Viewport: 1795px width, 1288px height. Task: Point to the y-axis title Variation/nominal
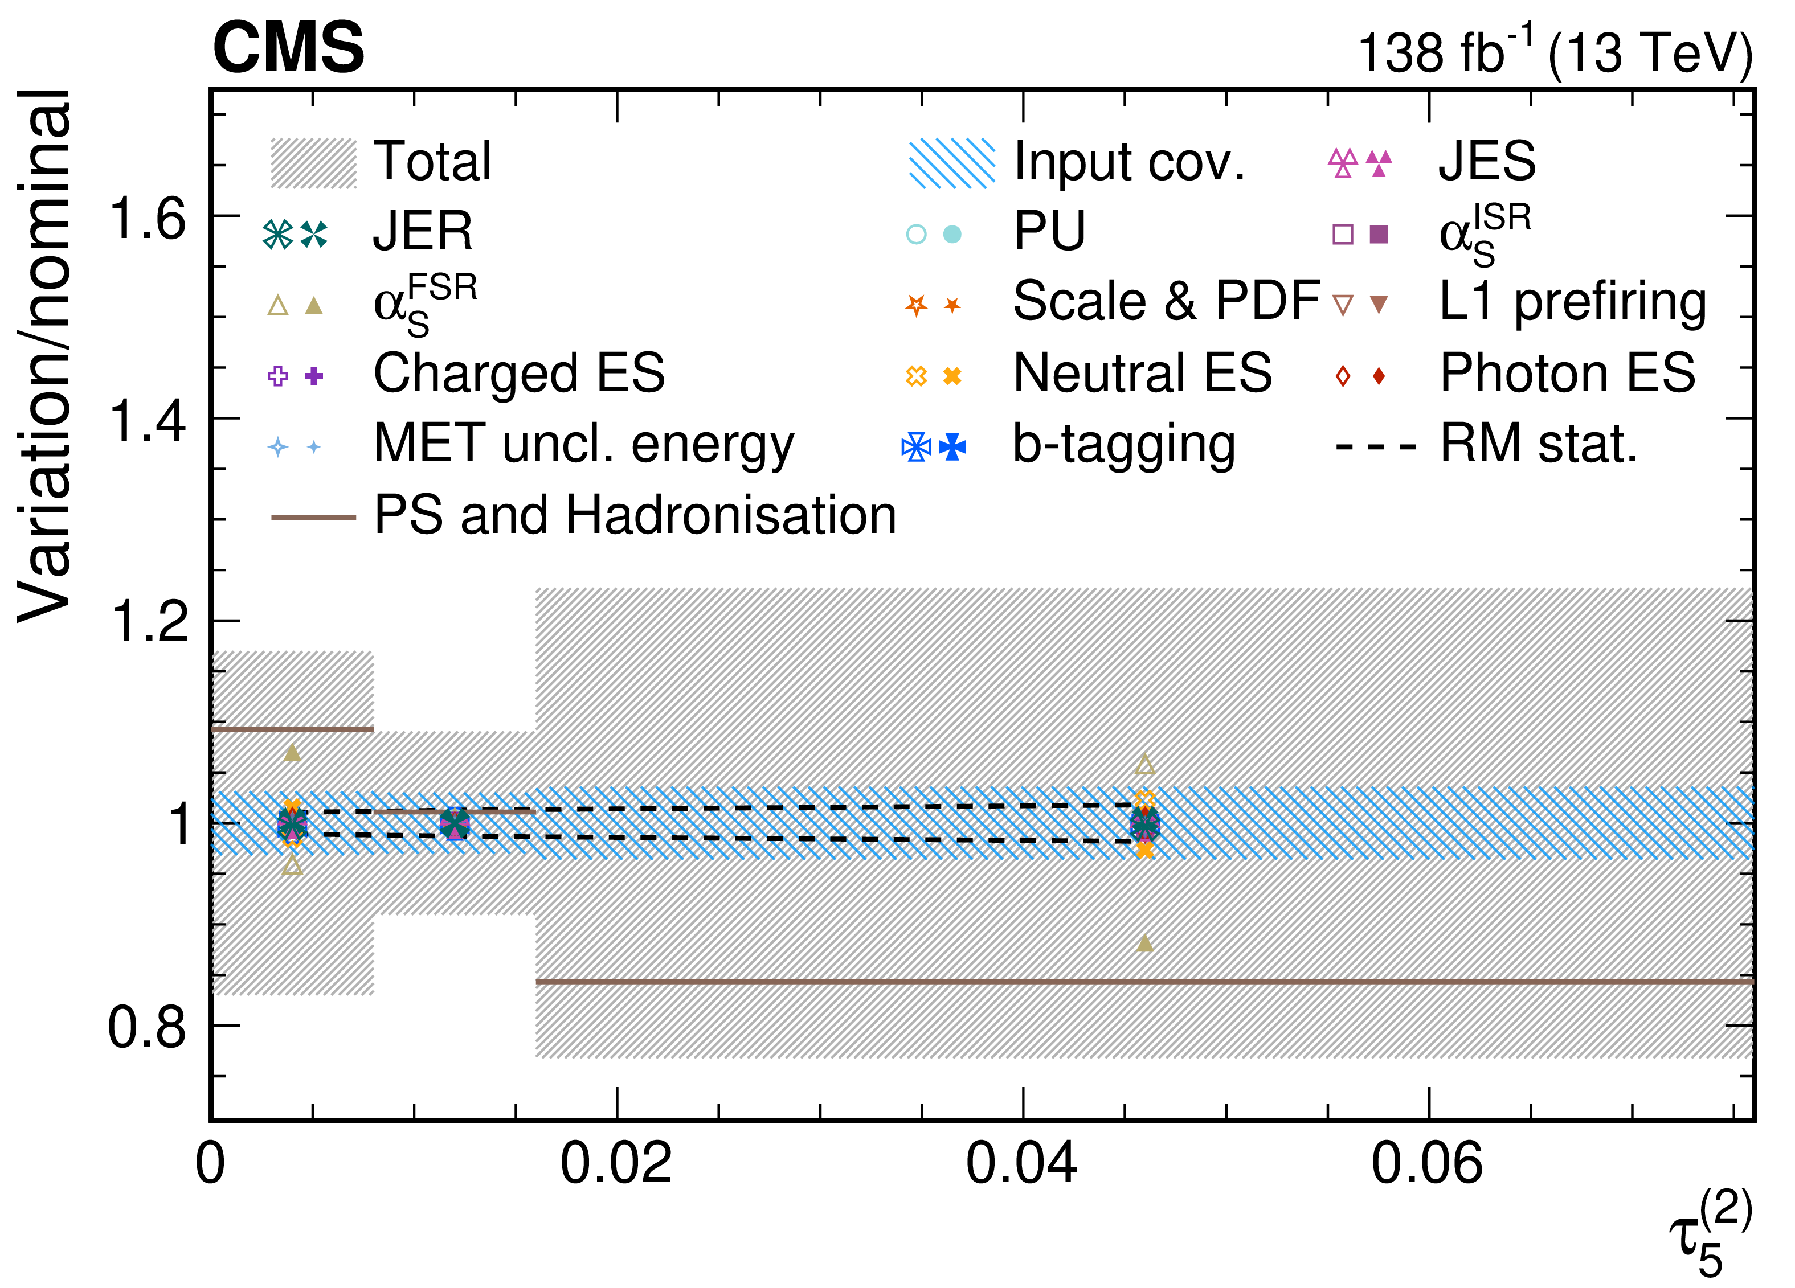(x=44, y=355)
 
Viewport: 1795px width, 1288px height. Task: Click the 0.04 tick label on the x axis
(x=1022, y=1164)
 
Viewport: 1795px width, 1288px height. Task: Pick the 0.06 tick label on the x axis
(x=1427, y=1164)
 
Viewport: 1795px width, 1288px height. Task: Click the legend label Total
(x=433, y=161)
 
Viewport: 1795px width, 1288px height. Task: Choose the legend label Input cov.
(x=1130, y=161)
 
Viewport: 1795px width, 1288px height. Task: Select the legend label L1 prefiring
(x=1573, y=303)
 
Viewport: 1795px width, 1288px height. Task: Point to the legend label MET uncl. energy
(x=584, y=445)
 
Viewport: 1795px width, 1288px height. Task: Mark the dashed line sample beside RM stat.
(x=1376, y=447)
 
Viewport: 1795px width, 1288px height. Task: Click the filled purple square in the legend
(x=1379, y=234)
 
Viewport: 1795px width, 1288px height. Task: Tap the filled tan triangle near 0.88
(x=1144, y=942)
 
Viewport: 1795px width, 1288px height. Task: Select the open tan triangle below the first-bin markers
(x=293, y=865)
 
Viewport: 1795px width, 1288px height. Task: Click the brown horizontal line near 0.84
(x=1144, y=982)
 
